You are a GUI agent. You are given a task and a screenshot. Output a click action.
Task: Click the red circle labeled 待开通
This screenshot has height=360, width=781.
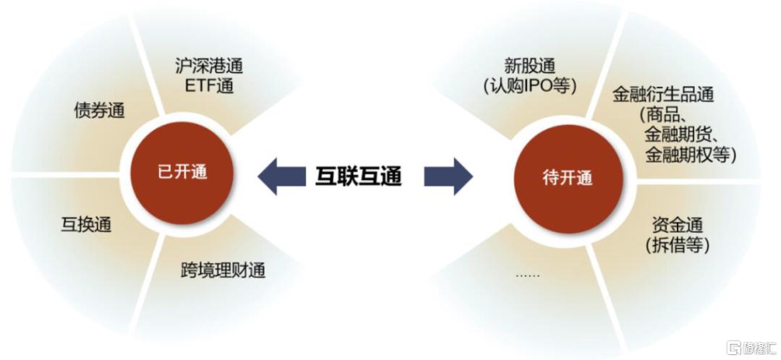pyautogui.click(x=568, y=179)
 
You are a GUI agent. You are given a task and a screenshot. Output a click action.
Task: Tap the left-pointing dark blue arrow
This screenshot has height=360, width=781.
pyautogui.click(x=281, y=176)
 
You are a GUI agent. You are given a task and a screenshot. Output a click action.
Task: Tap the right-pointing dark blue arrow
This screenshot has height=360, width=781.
pyautogui.click(x=448, y=176)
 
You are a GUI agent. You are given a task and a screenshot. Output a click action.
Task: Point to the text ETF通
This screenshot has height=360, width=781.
pyautogui.click(x=209, y=86)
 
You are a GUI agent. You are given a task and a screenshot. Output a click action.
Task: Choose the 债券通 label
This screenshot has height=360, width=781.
pyautogui.click(x=99, y=111)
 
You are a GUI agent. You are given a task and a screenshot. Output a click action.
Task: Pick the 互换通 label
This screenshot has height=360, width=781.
pyautogui.click(x=86, y=224)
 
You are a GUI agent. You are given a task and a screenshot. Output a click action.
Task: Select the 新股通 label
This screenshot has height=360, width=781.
pyautogui.click(x=529, y=66)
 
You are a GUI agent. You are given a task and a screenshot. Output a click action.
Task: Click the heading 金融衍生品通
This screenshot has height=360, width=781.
pyautogui.click(x=663, y=95)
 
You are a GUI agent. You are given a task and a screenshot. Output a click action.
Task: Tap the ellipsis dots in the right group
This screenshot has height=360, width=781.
pyautogui.click(x=527, y=275)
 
